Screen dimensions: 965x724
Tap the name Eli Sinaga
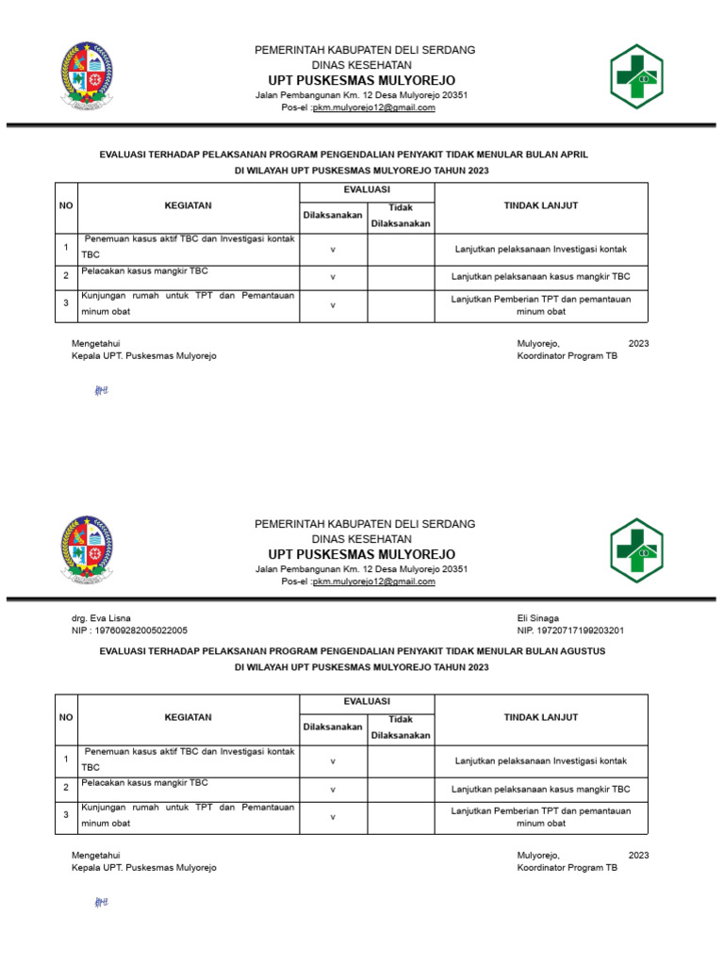[538, 618]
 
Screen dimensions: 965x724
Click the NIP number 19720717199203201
[570, 630]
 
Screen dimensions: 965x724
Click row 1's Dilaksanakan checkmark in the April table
[333, 250]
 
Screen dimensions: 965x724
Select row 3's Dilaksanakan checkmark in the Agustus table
[333, 817]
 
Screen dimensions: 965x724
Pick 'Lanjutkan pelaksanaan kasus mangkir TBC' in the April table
[541, 277]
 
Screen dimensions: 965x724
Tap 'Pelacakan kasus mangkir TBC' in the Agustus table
[144, 783]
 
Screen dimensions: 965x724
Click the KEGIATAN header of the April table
[188, 205]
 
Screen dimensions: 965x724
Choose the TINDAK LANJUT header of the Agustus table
[541, 717]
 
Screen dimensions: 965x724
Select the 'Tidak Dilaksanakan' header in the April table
[401, 216]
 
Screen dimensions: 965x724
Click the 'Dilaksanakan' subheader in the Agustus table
[333, 727]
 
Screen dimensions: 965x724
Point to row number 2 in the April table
[66, 277]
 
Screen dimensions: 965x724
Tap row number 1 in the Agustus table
[66, 760]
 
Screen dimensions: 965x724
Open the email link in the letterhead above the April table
[374, 107]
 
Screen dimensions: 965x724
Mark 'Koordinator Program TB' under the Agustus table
[568, 868]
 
